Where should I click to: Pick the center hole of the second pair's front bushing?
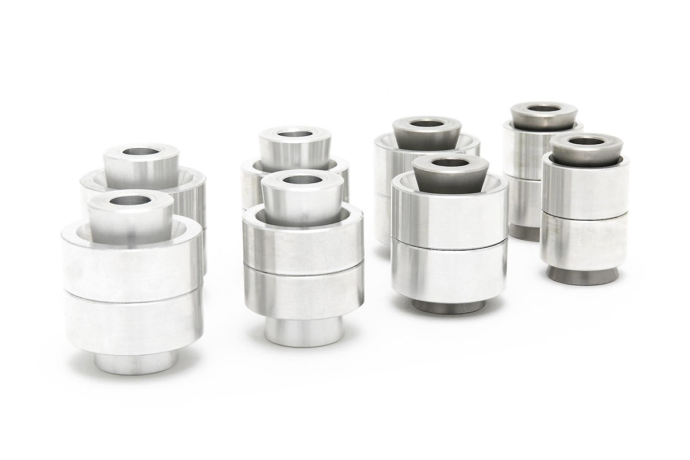coord(302,179)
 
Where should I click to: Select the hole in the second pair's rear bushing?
coord(294,133)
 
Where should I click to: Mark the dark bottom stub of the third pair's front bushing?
coord(448,306)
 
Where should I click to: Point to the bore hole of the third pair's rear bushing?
coord(427,123)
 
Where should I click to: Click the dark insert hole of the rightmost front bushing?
coord(586,141)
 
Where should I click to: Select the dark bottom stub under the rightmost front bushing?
coord(581,275)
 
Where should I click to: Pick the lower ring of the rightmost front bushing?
coord(584,241)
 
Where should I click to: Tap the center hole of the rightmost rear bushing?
coord(543,108)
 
